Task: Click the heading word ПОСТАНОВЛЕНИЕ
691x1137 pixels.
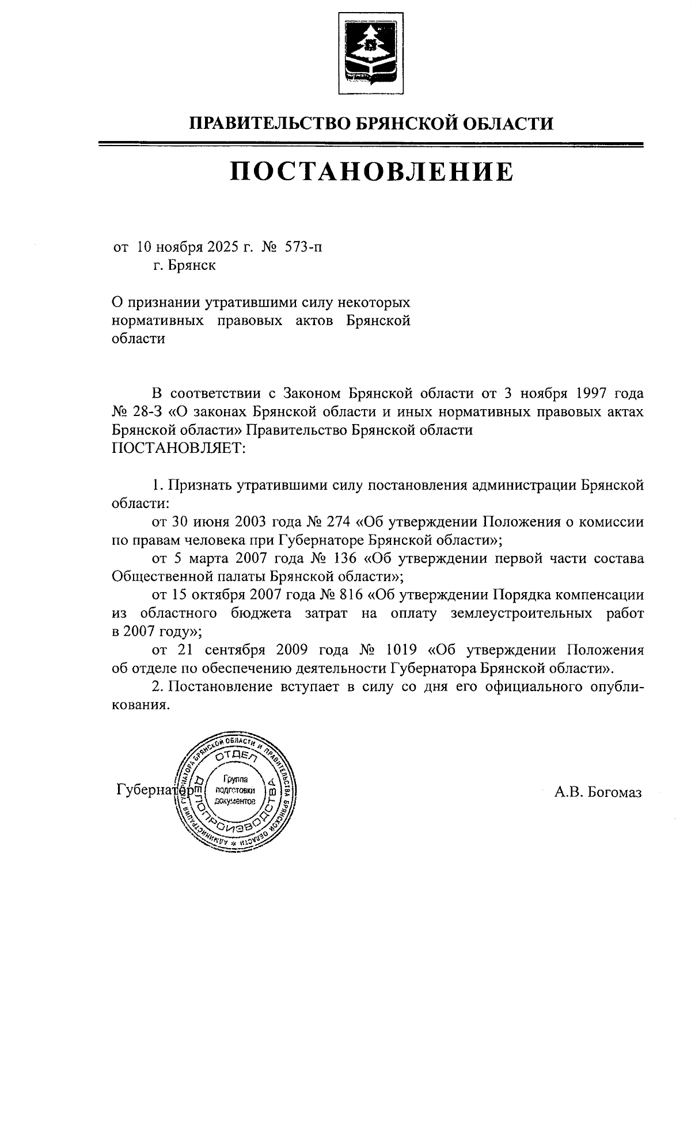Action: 371,171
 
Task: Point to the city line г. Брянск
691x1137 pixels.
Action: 184,266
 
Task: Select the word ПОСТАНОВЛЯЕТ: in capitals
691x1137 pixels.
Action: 179,448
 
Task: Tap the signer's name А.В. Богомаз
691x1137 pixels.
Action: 598,792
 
